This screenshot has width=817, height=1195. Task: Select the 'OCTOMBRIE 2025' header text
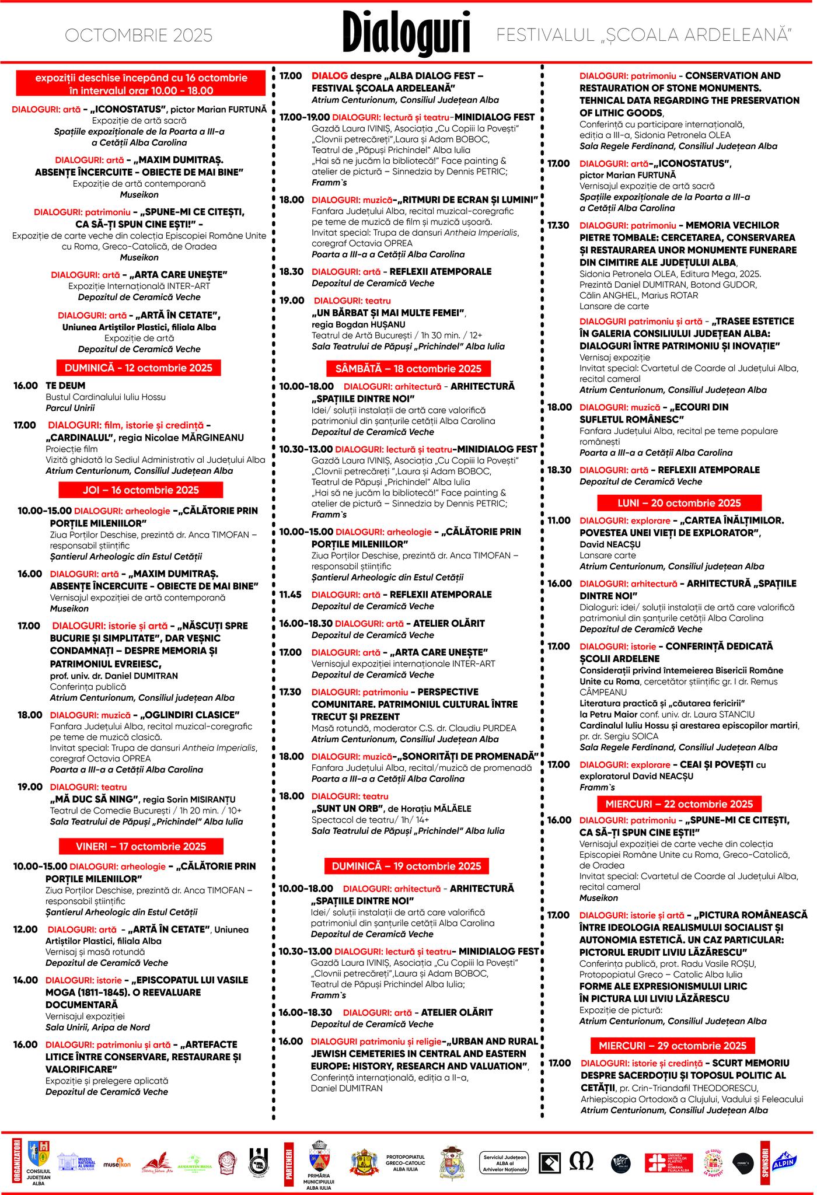click(138, 36)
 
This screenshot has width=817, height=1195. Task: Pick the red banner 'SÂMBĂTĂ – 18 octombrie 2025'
click(408, 368)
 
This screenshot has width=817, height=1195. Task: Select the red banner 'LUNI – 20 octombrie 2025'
click(679, 503)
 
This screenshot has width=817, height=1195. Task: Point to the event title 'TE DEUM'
click(65, 386)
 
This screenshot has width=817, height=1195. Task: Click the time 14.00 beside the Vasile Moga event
click(26, 980)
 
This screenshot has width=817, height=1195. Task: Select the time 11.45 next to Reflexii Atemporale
click(290, 595)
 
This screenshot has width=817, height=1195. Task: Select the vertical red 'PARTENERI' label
click(288, 1163)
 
